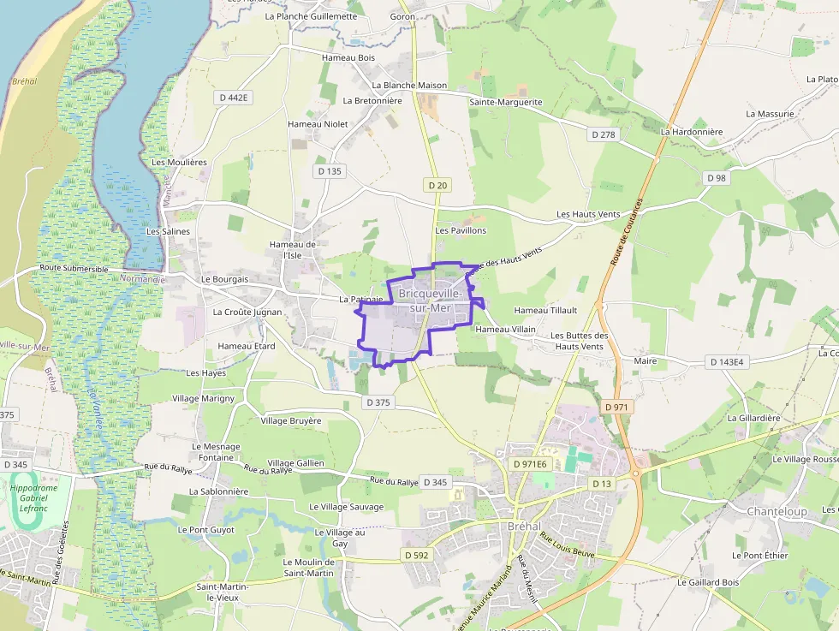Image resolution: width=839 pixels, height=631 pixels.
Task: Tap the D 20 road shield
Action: (437, 185)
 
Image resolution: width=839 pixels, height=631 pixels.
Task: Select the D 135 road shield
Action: (329, 171)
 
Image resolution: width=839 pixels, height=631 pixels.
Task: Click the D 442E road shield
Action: (234, 98)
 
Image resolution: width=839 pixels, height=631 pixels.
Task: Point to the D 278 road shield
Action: (604, 134)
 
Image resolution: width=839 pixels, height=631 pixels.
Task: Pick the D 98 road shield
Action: (716, 177)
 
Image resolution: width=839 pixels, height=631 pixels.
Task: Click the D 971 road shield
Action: (616, 407)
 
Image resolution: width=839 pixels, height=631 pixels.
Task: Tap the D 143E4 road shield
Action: (729, 362)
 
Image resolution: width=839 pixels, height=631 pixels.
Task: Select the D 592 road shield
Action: (415, 555)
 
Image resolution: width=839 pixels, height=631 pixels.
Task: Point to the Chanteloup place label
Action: (777, 511)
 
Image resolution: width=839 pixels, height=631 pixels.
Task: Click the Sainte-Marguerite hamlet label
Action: (505, 102)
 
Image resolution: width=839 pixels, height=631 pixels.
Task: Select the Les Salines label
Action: (168, 231)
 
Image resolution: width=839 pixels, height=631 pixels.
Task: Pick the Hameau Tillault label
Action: (545, 310)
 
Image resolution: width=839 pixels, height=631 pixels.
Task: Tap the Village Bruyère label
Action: (291, 420)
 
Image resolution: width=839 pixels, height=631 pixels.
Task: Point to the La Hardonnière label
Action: (692, 132)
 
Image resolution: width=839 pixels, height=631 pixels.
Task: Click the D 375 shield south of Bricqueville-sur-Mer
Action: (378, 402)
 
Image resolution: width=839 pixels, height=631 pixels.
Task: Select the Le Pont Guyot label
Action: (205, 530)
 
